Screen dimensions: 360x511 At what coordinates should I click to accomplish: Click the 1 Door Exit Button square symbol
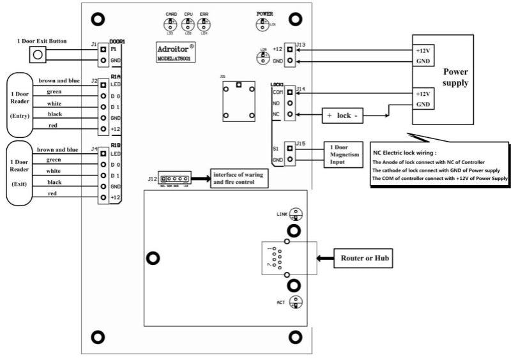40,54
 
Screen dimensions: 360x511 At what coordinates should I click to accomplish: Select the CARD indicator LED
171,24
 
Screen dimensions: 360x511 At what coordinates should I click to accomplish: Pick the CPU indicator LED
188,24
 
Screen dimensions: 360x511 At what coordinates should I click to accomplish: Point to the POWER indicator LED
262,24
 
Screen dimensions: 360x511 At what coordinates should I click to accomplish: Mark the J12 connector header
175,179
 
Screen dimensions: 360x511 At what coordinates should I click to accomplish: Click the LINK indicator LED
294,214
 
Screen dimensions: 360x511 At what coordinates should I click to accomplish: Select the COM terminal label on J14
277,92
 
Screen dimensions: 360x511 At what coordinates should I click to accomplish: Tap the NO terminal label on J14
277,103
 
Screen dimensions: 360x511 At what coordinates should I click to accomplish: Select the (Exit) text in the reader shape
24,184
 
